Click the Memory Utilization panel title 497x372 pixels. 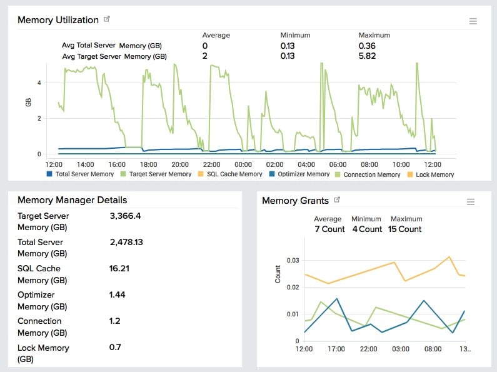click(58, 20)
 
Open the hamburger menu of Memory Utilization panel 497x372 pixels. click(473, 21)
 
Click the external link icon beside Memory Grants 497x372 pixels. click(337, 199)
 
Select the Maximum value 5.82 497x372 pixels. click(367, 56)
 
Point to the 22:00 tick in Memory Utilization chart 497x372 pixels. click(211, 164)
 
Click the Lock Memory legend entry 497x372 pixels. click(431, 174)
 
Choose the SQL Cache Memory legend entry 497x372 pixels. click(230, 174)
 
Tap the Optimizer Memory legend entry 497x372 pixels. click(299, 174)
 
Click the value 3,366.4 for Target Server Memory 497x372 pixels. click(125, 216)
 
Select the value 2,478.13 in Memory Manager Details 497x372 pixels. click(126, 243)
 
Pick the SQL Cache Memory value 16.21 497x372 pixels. click(119, 269)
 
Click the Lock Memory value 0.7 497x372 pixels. click(115, 347)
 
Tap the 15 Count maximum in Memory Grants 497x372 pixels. click(404, 229)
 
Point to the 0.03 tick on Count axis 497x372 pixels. click(293, 261)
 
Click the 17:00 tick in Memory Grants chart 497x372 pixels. click(336, 349)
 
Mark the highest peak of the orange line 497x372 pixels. click(449, 257)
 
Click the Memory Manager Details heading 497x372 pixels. click(73, 200)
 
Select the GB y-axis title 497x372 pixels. click(28, 103)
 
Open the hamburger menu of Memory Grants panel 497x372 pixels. click(471, 202)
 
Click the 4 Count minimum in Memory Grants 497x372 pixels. click(367, 229)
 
